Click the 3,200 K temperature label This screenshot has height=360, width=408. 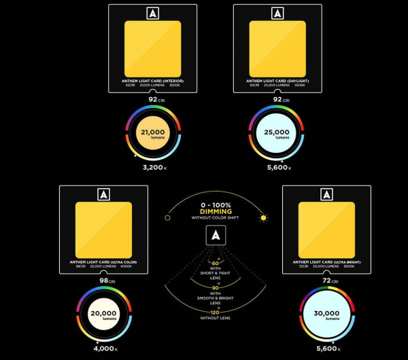[x=155, y=167]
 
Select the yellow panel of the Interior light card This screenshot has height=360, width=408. [x=153, y=49]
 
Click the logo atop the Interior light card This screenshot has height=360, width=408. [x=153, y=13]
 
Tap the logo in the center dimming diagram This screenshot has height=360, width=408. [x=216, y=236]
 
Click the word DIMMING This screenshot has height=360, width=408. [x=214, y=211]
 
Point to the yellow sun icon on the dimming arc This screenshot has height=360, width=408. [x=263, y=218]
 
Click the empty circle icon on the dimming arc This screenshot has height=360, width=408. [x=167, y=218]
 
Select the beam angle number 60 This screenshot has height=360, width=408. [x=216, y=263]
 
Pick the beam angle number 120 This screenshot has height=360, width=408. [x=216, y=312]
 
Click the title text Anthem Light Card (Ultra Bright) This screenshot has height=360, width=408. [x=326, y=262]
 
